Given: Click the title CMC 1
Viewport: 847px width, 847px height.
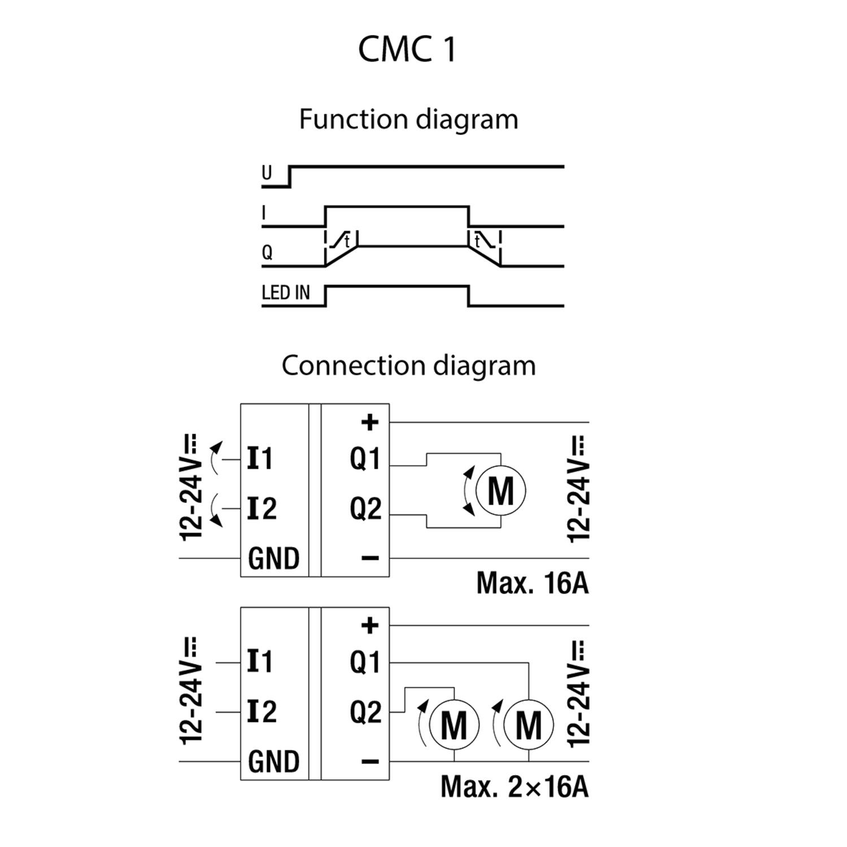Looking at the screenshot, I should point(407,49).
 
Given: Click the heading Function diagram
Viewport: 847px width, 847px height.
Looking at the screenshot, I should point(408,119).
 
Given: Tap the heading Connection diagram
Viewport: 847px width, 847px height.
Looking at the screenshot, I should point(408,365).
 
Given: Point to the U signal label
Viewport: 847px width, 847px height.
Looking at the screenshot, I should point(267,173).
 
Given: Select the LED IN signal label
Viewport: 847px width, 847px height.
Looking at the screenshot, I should point(286,292).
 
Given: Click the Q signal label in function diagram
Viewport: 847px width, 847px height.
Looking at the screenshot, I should point(267,252).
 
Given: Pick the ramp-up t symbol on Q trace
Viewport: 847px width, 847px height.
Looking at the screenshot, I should point(341,241).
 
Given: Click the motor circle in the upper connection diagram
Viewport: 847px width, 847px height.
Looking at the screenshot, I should point(500,491).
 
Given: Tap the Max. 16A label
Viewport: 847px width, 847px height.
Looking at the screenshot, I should point(532,583).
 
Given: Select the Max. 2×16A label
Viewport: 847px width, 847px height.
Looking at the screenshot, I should point(514,786).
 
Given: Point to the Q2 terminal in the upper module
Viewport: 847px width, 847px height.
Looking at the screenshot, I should point(365,509).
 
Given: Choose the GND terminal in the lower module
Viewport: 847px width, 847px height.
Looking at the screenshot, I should point(274,762).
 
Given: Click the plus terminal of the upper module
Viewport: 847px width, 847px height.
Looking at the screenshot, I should point(370,422).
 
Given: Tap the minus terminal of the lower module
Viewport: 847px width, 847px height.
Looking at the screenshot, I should point(370,762).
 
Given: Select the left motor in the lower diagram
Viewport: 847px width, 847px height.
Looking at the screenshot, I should point(454,724).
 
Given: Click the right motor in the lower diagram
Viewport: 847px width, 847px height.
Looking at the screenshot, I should point(529,724).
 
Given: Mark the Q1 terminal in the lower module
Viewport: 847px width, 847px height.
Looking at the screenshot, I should point(365,662).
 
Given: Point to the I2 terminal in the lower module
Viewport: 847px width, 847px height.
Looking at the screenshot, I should point(261,712).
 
